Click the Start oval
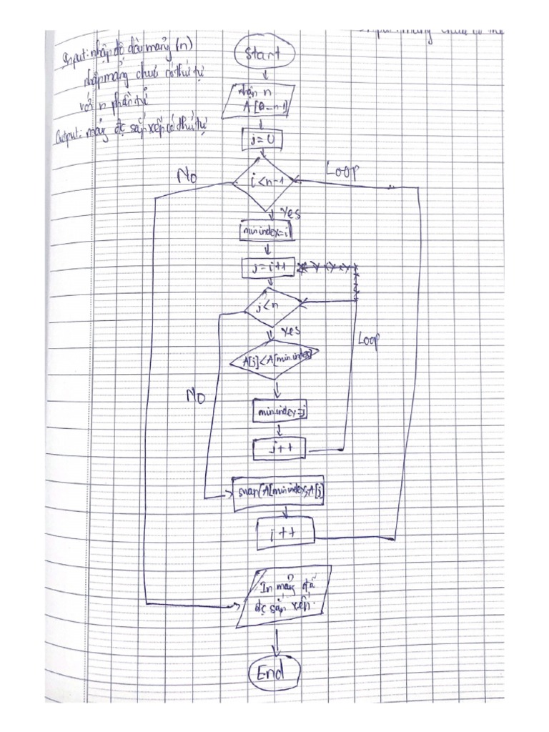[265, 54]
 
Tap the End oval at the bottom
[274, 673]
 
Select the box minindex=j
[280, 411]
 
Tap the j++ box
[280, 449]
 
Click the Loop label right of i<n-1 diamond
[342, 172]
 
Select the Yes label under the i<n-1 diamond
[291, 214]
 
